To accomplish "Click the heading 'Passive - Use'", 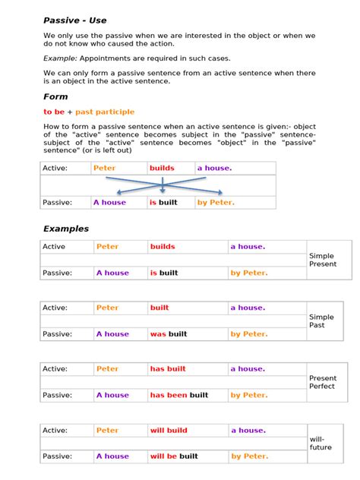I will point(75,20).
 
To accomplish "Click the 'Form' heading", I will point(55,96).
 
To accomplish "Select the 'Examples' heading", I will point(66,229).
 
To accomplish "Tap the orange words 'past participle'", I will point(105,112).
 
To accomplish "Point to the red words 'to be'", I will point(55,112).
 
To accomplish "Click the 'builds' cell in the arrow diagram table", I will point(162,168).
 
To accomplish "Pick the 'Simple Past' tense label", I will point(321,321).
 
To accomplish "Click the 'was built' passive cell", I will point(168,333).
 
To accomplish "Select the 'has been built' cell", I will point(178,395).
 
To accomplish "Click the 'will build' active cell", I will point(168,431).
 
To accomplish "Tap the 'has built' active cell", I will point(167,369).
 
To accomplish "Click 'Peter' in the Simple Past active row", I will point(107,308).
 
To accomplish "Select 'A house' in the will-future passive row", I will point(112,456).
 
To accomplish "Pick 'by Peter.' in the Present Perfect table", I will point(248,395).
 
